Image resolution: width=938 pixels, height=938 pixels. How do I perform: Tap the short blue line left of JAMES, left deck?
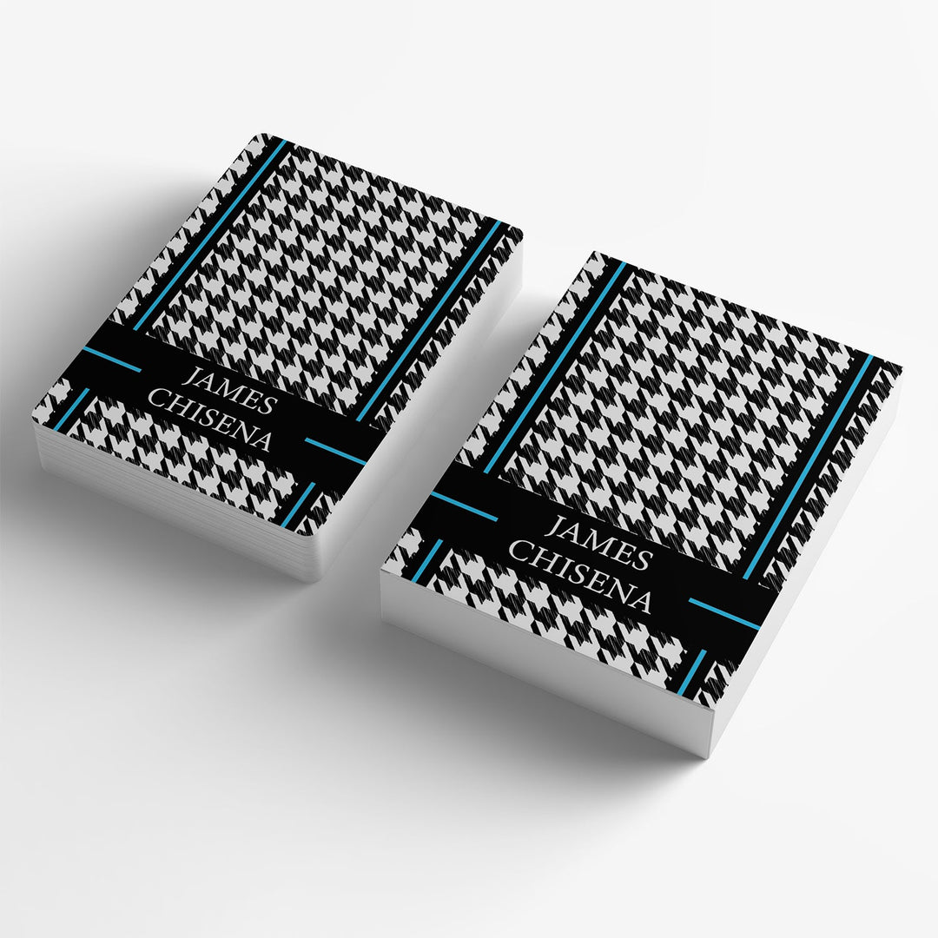112,359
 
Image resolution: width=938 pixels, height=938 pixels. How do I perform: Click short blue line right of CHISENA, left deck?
335,451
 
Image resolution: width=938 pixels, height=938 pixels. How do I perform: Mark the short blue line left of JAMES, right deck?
464,506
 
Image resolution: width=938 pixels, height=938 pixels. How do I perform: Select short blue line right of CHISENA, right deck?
724,613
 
